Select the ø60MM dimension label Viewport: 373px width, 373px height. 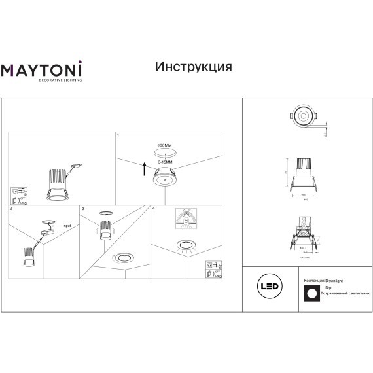(164, 145)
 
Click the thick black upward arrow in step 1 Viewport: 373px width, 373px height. (144, 169)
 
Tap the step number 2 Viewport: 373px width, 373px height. (11, 209)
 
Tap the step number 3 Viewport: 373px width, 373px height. (82, 209)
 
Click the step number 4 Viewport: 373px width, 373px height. (152, 209)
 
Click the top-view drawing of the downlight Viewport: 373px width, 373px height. (304, 117)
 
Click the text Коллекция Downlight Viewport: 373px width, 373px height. (325, 279)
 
